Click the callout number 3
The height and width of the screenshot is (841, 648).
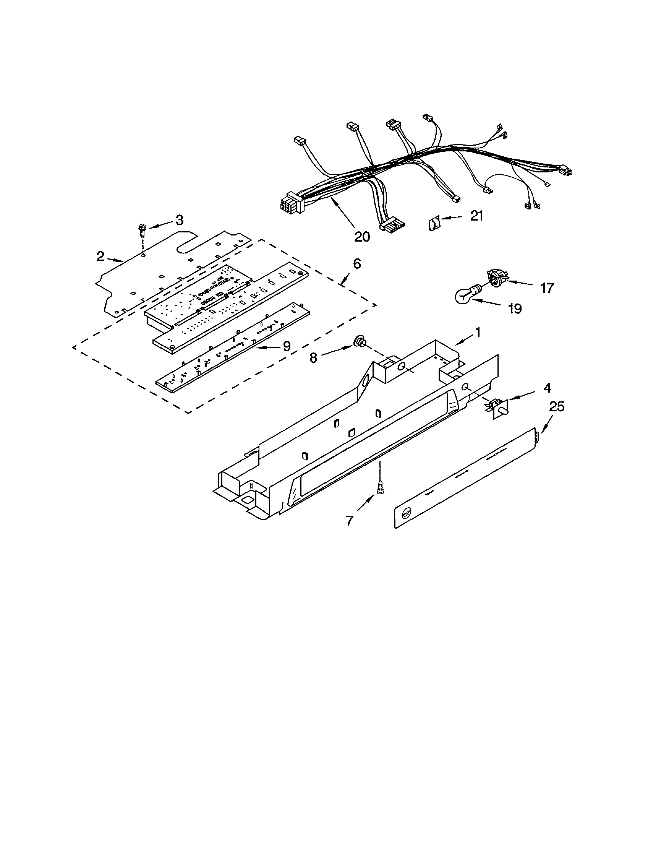coord(179,220)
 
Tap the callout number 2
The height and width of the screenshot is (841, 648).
coord(100,257)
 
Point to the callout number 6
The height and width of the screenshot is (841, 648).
coord(357,264)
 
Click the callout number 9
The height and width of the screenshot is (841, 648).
coord(287,347)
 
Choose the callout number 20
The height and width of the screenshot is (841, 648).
coord(361,236)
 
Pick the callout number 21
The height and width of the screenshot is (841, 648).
coord(476,216)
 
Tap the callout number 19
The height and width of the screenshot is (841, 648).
coord(515,308)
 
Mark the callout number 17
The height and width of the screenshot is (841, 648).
coord(547,287)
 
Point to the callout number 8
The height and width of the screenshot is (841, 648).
coord(314,358)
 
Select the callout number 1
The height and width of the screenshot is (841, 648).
coord(478,332)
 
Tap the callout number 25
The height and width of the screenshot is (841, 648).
coord(556,407)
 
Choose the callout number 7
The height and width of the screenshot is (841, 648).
coord(349,521)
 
